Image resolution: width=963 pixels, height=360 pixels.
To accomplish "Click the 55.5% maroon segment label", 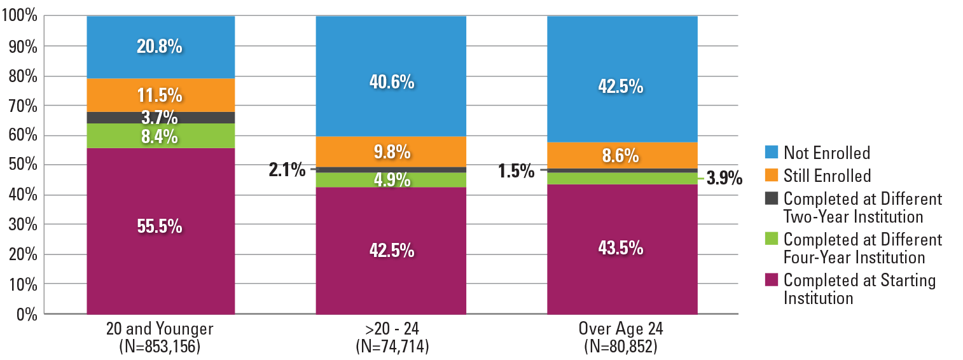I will [x=160, y=226].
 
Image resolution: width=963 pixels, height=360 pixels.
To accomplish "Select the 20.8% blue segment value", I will [x=160, y=46].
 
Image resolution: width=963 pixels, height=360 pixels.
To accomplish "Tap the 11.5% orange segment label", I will [x=160, y=95].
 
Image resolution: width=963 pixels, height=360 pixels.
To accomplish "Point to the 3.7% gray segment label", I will [x=160, y=118].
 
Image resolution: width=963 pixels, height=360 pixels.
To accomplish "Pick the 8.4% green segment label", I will [x=160, y=136].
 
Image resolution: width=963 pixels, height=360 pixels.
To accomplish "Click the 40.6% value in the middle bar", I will [x=392, y=82].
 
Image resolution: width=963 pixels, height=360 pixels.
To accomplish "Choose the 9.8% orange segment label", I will [x=392, y=153].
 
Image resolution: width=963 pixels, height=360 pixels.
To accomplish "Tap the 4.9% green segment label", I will [x=392, y=180].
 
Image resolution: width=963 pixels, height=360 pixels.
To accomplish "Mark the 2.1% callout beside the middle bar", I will [x=287, y=170].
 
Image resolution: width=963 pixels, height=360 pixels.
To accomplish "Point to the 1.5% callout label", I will [x=516, y=171].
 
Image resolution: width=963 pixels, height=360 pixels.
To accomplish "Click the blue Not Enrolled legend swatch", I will [x=771, y=153].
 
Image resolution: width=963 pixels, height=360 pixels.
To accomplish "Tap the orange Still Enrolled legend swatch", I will [x=771, y=176].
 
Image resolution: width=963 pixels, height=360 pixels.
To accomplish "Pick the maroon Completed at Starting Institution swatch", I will [x=771, y=280].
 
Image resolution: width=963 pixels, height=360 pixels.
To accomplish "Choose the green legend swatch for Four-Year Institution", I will [x=771, y=240].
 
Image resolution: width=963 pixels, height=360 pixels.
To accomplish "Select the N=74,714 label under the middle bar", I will [x=391, y=348].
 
